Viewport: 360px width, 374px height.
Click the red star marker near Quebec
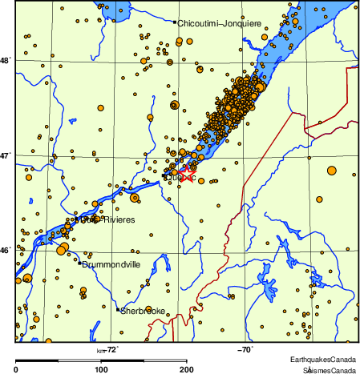point(186,174)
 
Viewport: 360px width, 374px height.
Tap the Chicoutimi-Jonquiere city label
point(219,23)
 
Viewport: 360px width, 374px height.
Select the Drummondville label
point(111,263)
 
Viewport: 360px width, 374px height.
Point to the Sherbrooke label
point(143,311)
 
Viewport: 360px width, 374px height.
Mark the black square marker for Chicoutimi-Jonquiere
point(174,22)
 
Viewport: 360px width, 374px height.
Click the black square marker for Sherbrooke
point(118,310)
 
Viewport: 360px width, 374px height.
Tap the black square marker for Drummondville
point(79,263)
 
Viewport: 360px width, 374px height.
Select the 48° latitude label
point(7,60)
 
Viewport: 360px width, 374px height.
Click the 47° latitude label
point(7,155)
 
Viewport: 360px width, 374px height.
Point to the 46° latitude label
point(7,251)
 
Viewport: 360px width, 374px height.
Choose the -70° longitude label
point(245,349)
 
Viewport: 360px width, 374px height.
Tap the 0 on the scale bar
point(17,369)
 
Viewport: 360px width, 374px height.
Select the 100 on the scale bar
point(101,369)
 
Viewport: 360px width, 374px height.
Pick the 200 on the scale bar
point(186,369)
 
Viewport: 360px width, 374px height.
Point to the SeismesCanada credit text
point(329,370)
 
